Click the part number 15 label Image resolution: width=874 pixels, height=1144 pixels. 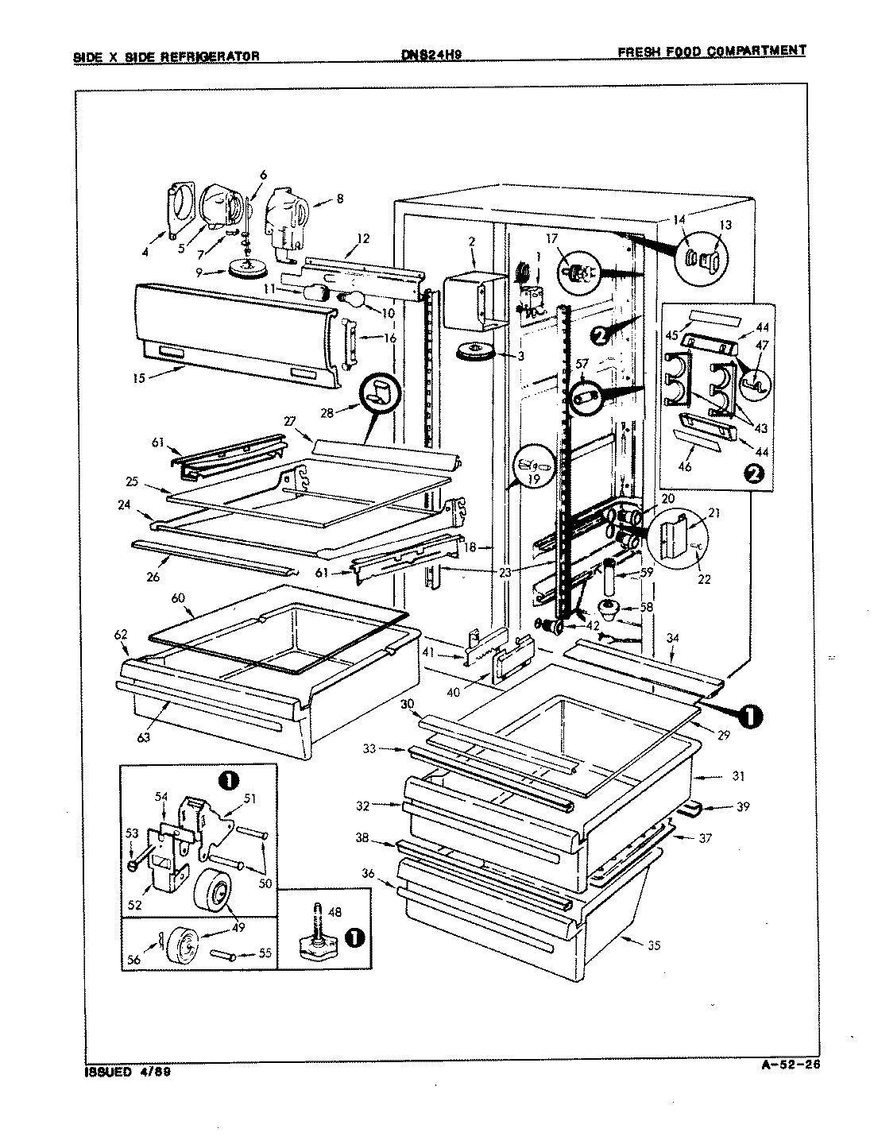point(140,378)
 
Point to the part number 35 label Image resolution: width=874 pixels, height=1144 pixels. point(654,945)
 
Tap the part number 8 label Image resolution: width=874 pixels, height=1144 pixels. point(339,199)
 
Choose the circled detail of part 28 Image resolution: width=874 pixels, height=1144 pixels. point(380,392)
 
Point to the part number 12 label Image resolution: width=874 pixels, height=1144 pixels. point(362,238)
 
